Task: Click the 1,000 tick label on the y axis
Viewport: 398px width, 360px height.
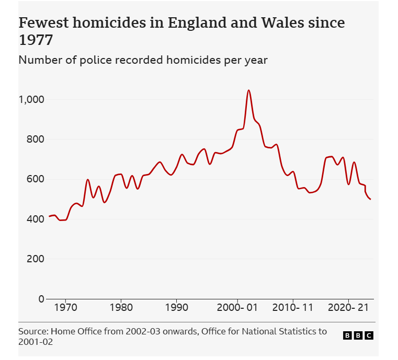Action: coord(32,99)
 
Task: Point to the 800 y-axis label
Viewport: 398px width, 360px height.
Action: coord(35,140)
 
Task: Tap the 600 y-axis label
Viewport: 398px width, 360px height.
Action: coord(35,179)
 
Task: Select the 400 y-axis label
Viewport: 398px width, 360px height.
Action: coord(35,219)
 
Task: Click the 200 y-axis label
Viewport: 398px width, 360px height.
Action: coord(35,259)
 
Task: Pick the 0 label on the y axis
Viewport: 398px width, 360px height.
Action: coord(41,299)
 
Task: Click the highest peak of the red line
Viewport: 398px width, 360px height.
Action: coord(248,90)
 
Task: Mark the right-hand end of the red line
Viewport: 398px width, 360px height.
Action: coord(370,199)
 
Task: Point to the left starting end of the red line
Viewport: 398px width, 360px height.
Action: coord(49,216)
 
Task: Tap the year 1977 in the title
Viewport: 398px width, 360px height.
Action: coord(36,40)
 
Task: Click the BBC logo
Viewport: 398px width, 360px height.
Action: coord(358,335)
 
